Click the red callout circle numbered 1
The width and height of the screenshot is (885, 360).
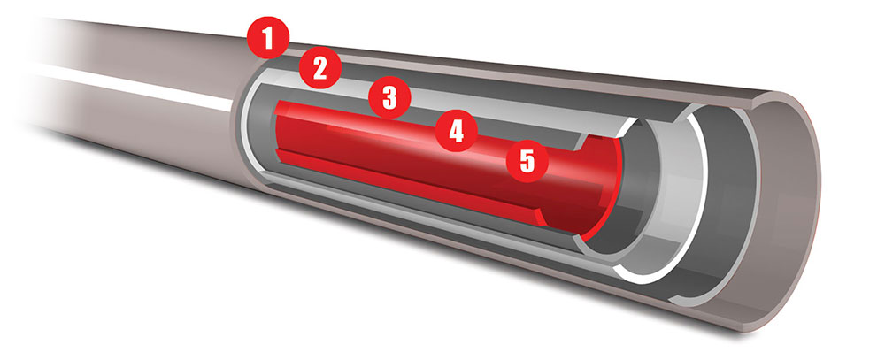268,38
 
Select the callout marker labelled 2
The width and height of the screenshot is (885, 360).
320,68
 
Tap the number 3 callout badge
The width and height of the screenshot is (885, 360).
389,97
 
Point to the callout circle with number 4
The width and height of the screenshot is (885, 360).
456,131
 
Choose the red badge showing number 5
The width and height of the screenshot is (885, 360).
527,161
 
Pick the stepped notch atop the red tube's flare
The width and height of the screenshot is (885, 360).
586,143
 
